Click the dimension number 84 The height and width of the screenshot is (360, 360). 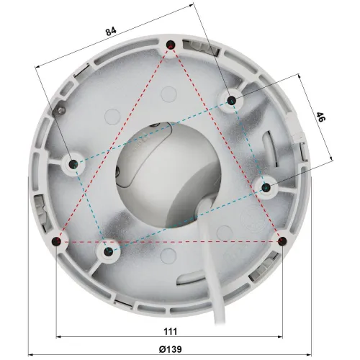(x=110, y=31)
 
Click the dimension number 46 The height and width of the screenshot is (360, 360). (x=321, y=118)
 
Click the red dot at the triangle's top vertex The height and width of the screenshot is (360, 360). (x=171, y=46)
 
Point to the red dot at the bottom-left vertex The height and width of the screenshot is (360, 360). (x=58, y=240)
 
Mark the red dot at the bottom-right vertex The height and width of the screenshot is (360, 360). (x=282, y=240)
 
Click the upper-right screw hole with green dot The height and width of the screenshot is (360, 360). (x=231, y=100)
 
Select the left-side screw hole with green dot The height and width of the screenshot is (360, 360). (x=74, y=164)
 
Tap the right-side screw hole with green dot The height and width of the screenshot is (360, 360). (x=265, y=187)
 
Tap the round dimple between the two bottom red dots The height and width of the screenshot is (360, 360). (x=170, y=253)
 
